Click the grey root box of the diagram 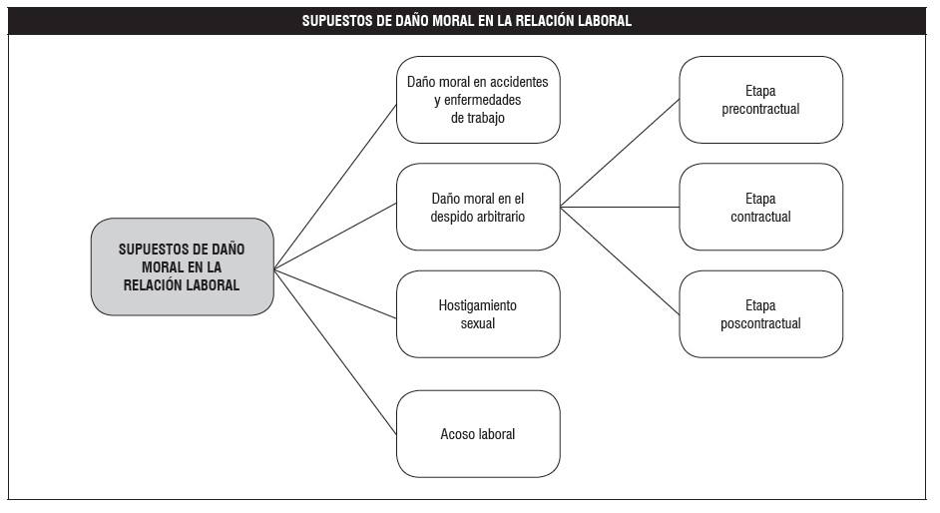click(183, 266)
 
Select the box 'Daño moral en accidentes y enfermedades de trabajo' click(478, 100)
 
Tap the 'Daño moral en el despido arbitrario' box click(478, 207)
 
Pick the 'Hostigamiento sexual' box click(478, 314)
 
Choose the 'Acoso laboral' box click(478, 434)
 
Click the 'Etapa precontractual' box click(760, 100)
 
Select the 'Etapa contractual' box click(760, 207)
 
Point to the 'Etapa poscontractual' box click(760, 314)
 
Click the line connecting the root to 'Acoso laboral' click(335, 351)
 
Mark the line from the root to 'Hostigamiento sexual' click(335, 293)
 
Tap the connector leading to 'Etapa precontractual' click(620, 154)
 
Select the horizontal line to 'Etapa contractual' click(620, 207)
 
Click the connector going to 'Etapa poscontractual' click(620, 260)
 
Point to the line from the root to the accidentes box click(335, 187)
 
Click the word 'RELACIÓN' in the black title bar click(544, 20)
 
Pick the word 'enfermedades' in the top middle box click(483, 100)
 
